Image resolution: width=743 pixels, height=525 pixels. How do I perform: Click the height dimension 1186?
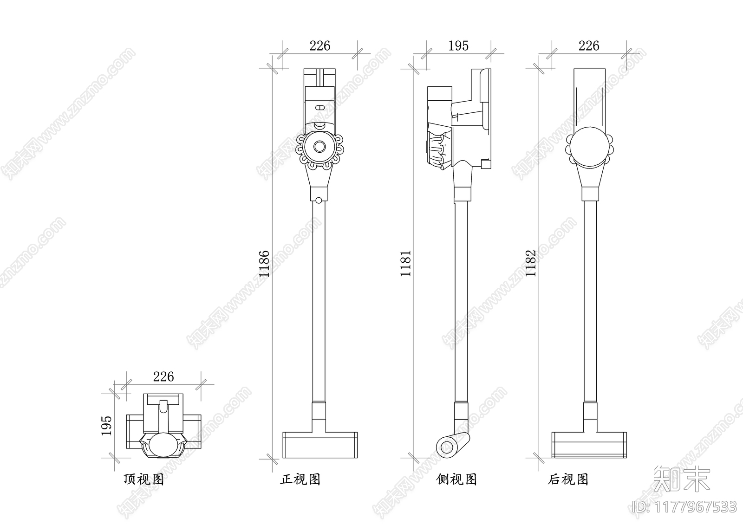click(x=264, y=264)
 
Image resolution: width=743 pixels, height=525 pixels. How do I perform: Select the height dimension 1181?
click(x=406, y=263)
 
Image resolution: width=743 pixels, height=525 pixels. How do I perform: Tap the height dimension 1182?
click(x=531, y=263)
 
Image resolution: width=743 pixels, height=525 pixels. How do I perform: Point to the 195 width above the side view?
click(x=458, y=46)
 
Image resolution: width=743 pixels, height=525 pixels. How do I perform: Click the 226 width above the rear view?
click(x=589, y=45)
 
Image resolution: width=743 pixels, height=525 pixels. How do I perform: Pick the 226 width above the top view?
click(x=163, y=376)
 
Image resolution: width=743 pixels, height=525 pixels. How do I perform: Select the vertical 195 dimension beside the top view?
click(x=106, y=425)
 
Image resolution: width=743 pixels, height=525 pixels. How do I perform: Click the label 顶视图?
click(x=143, y=480)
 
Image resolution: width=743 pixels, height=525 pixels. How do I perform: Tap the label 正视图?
click(x=300, y=480)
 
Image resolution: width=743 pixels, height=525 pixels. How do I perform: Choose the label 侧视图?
click(x=457, y=480)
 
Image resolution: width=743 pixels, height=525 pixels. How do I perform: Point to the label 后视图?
click(x=568, y=480)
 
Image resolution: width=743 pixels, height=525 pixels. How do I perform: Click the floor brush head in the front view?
click(x=320, y=445)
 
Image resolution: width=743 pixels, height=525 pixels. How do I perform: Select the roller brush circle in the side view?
click(x=447, y=447)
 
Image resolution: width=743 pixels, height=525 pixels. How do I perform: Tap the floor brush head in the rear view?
click(x=589, y=445)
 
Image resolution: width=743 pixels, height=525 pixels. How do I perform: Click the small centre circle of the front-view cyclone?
click(x=319, y=146)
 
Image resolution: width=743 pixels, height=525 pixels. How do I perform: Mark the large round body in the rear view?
click(x=589, y=147)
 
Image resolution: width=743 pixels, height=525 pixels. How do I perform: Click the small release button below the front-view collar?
click(x=319, y=201)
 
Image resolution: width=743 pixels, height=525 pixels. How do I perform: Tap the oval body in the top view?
click(x=163, y=444)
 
